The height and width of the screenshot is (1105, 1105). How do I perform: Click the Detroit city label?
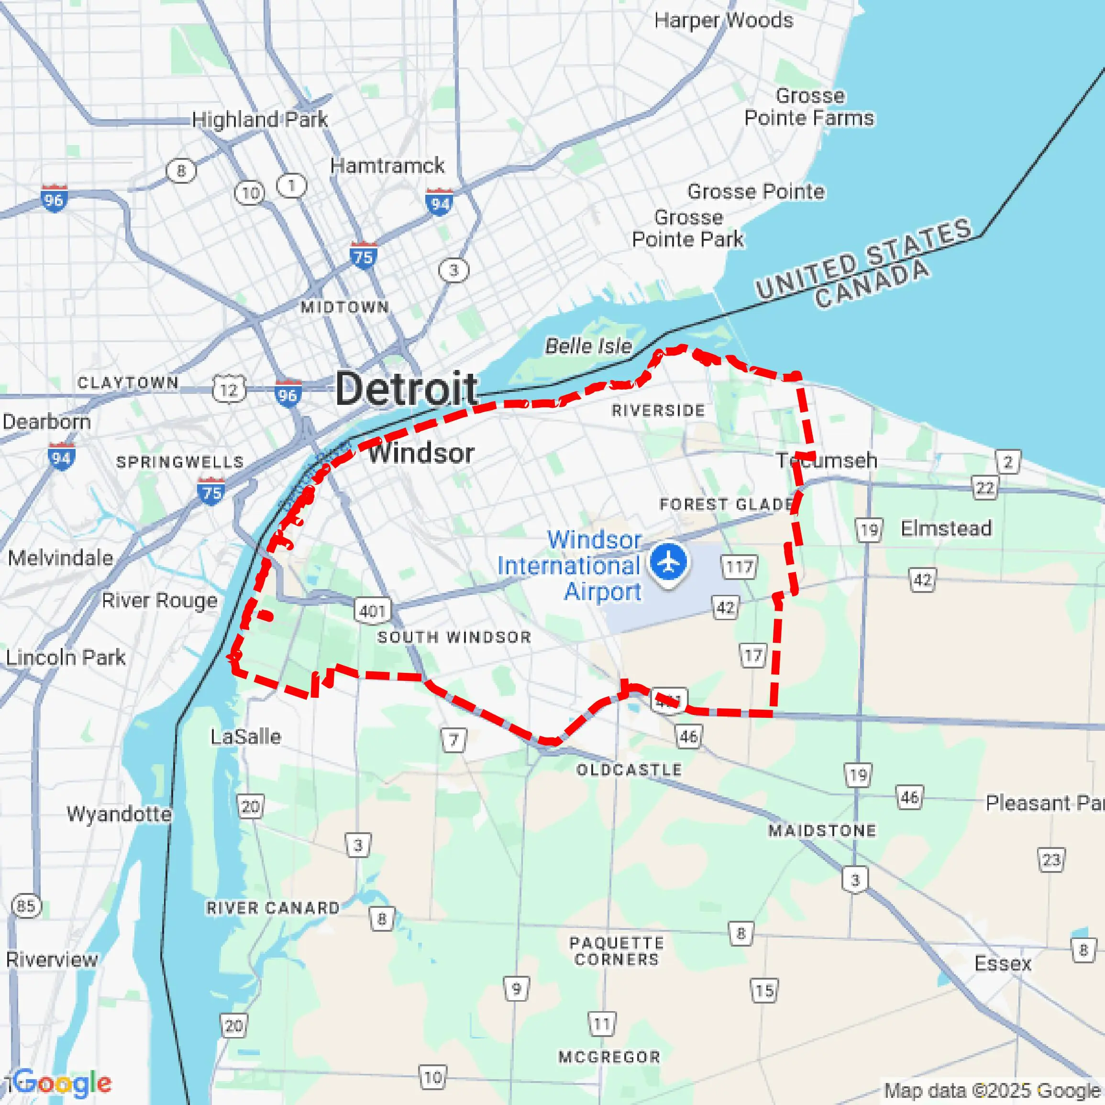(x=406, y=389)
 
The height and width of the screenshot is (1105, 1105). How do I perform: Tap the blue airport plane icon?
(x=668, y=562)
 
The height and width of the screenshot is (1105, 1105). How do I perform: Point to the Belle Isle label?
(x=588, y=346)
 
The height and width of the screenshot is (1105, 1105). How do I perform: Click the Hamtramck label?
(x=387, y=166)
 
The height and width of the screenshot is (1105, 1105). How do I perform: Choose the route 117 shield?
(x=739, y=567)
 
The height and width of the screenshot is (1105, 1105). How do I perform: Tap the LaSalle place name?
(x=245, y=737)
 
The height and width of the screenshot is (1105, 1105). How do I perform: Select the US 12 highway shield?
(x=229, y=389)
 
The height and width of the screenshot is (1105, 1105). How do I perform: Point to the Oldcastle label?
(x=629, y=770)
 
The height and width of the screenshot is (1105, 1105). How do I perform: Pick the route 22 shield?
(x=984, y=488)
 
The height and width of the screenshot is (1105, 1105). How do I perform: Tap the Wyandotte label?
(x=119, y=814)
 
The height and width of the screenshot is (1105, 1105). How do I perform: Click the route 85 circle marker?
(x=26, y=906)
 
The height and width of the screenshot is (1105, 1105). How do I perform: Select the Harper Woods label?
(x=723, y=21)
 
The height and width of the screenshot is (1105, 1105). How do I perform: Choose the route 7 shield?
(x=453, y=740)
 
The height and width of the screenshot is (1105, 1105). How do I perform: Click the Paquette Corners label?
(x=617, y=950)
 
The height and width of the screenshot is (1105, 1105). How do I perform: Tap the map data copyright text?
(x=992, y=1091)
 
